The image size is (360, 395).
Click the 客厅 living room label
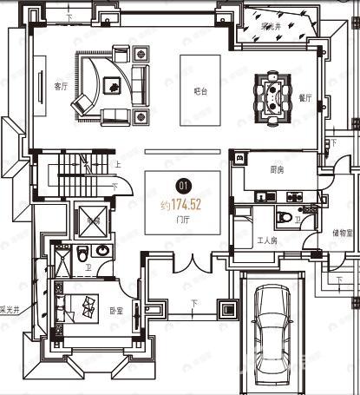coord(61,86)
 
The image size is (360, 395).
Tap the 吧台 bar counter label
coord(200,89)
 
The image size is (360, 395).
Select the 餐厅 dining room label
coord(304,98)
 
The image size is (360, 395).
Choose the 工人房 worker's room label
coord(267,240)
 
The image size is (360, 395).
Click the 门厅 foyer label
coord(182,220)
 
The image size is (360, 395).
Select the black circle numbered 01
coord(183,184)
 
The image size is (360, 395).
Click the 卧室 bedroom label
coord(117,310)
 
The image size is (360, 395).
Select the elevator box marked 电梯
coord(92,219)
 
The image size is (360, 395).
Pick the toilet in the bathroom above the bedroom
coord(82,253)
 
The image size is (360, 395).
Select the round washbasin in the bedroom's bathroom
coord(102,251)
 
